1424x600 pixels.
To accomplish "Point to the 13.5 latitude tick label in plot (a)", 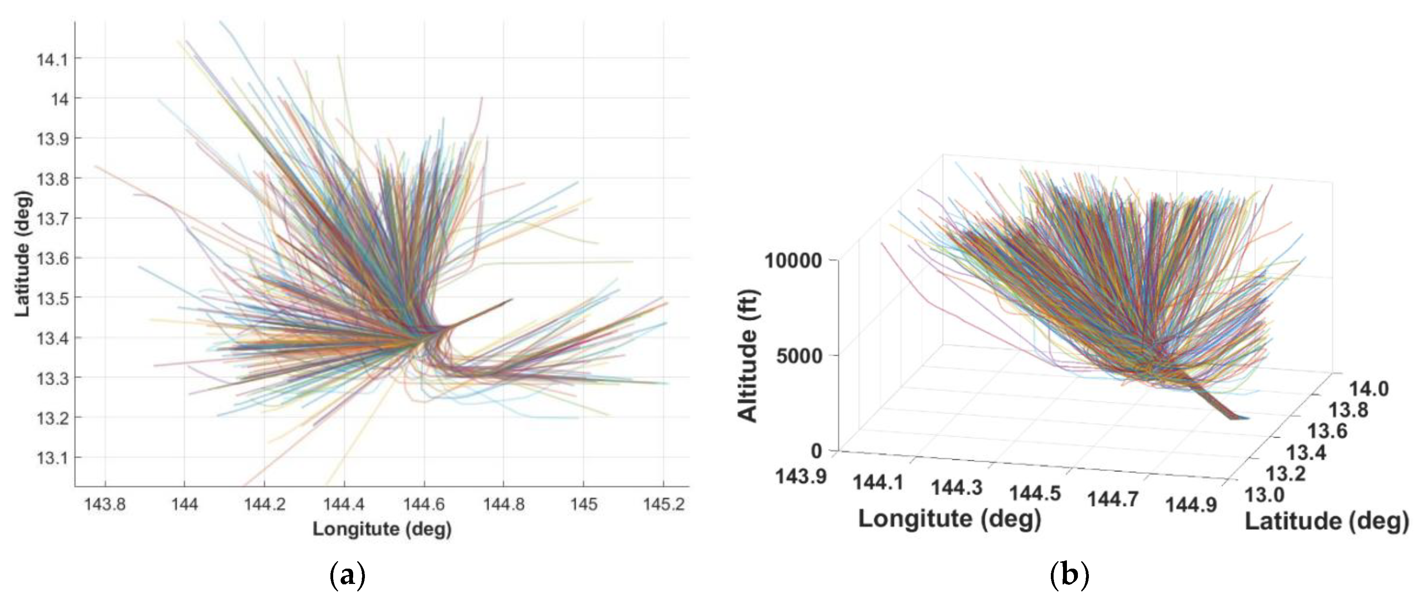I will [52, 298].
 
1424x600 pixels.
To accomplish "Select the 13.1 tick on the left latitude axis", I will [52, 458].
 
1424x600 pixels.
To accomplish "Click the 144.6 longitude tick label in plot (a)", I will [424, 504].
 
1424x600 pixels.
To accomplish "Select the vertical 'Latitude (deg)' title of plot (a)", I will [22, 254].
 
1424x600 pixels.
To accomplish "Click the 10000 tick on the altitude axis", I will [794, 260].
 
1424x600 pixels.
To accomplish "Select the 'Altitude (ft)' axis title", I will [749, 356].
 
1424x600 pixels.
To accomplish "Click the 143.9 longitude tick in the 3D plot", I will [800, 475].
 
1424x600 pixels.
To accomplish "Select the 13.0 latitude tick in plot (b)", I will [1264, 495].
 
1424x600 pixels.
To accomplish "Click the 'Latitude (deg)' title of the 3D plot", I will [1327, 522].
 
